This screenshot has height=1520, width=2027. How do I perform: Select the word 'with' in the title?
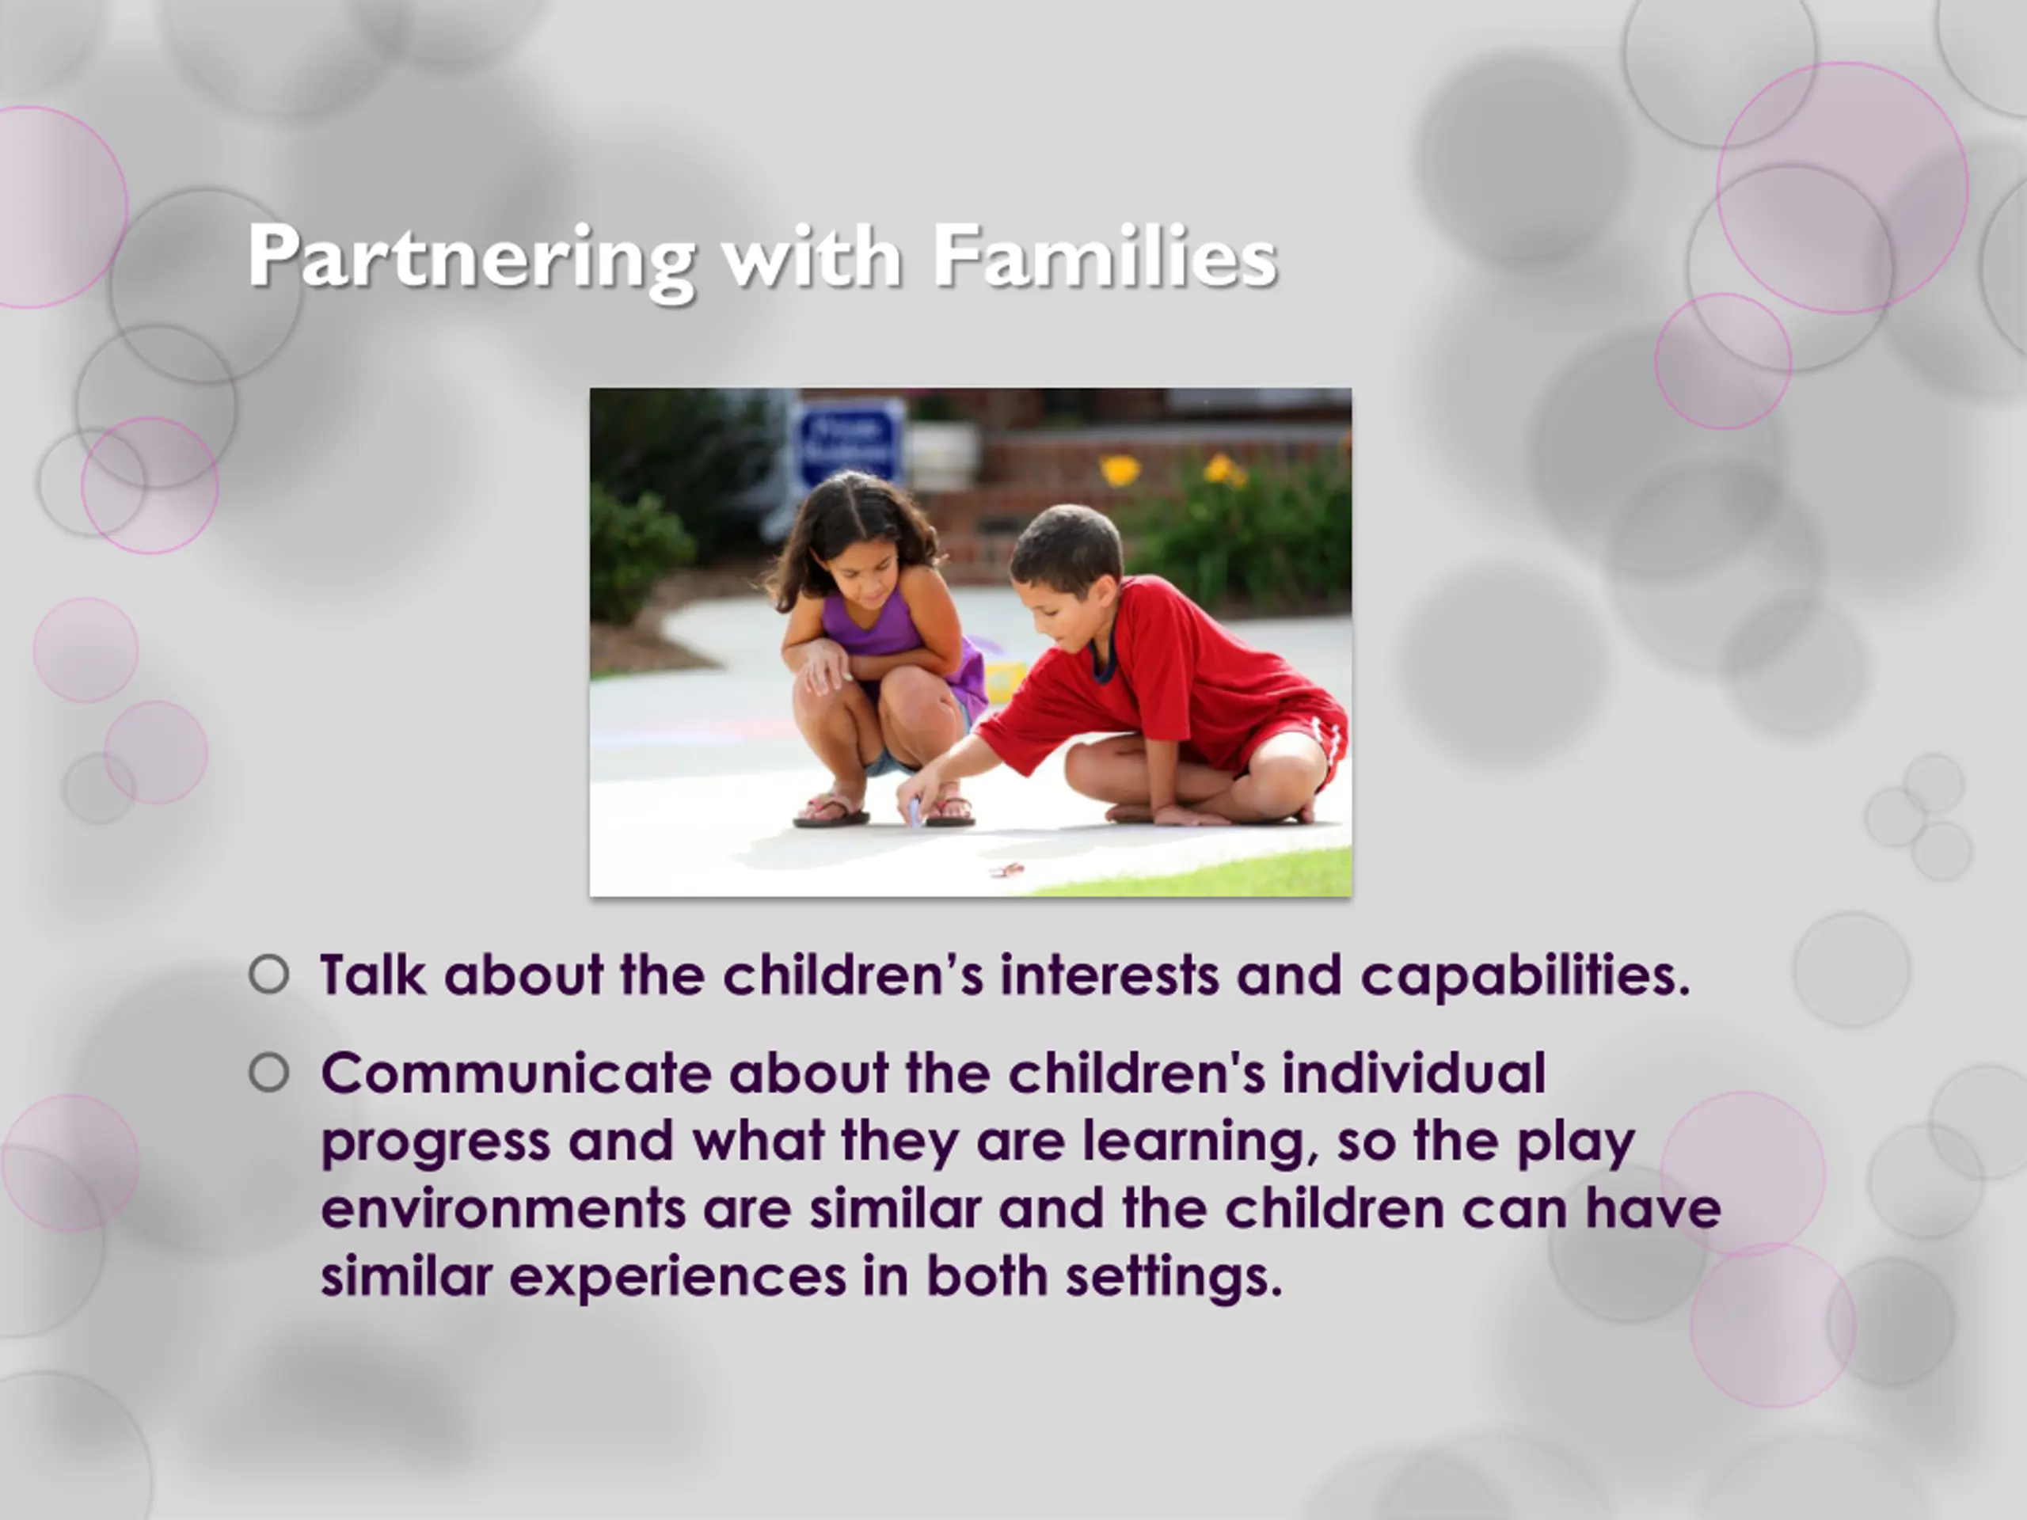pyautogui.click(x=811, y=256)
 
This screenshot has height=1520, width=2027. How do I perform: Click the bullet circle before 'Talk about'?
pyautogui.click(x=268, y=975)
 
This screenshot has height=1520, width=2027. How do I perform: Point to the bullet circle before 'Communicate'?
pyautogui.click(x=268, y=1073)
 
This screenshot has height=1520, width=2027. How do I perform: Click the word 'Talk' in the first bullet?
pyautogui.click(x=372, y=974)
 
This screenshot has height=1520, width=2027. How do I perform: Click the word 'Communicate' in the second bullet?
pyautogui.click(x=516, y=1073)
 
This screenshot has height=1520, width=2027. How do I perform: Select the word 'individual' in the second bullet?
pyautogui.click(x=1414, y=1073)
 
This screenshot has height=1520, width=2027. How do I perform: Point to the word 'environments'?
pyautogui.click(x=503, y=1209)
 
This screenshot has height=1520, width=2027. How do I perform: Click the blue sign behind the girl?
pyautogui.click(x=848, y=446)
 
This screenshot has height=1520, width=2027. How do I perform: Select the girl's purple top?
pyautogui.click(x=880, y=633)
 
